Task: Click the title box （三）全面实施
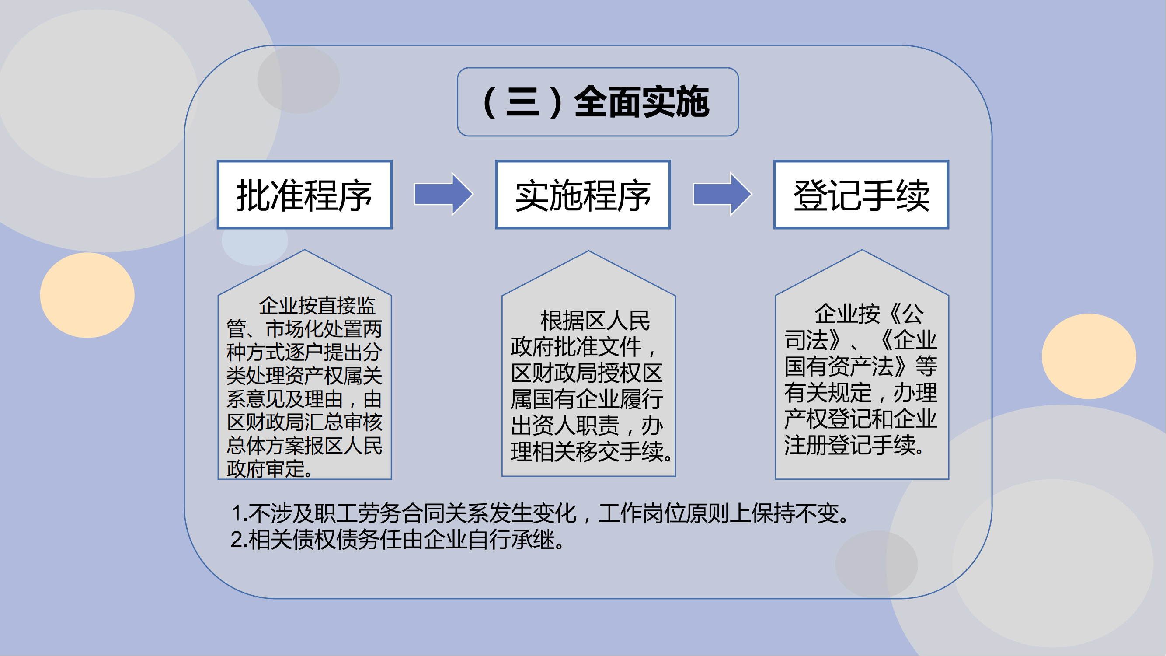click(x=598, y=102)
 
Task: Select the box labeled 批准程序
click(x=305, y=195)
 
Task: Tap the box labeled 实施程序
click(x=583, y=195)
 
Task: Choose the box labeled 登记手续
click(x=861, y=195)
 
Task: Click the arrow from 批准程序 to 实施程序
click(x=444, y=194)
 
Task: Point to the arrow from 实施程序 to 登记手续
click(x=722, y=194)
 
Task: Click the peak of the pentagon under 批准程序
click(x=305, y=250)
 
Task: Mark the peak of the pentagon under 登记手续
click(x=862, y=250)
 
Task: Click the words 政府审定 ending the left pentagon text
click(x=265, y=469)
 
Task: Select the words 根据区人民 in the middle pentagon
click(x=595, y=321)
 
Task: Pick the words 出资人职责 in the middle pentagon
click(x=565, y=426)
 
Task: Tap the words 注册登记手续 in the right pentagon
click(x=849, y=445)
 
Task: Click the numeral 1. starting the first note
click(x=240, y=513)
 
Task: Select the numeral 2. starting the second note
click(x=240, y=540)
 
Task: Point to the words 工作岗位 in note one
click(x=642, y=513)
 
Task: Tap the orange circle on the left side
click(x=87, y=295)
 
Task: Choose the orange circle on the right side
click(x=1089, y=356)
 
